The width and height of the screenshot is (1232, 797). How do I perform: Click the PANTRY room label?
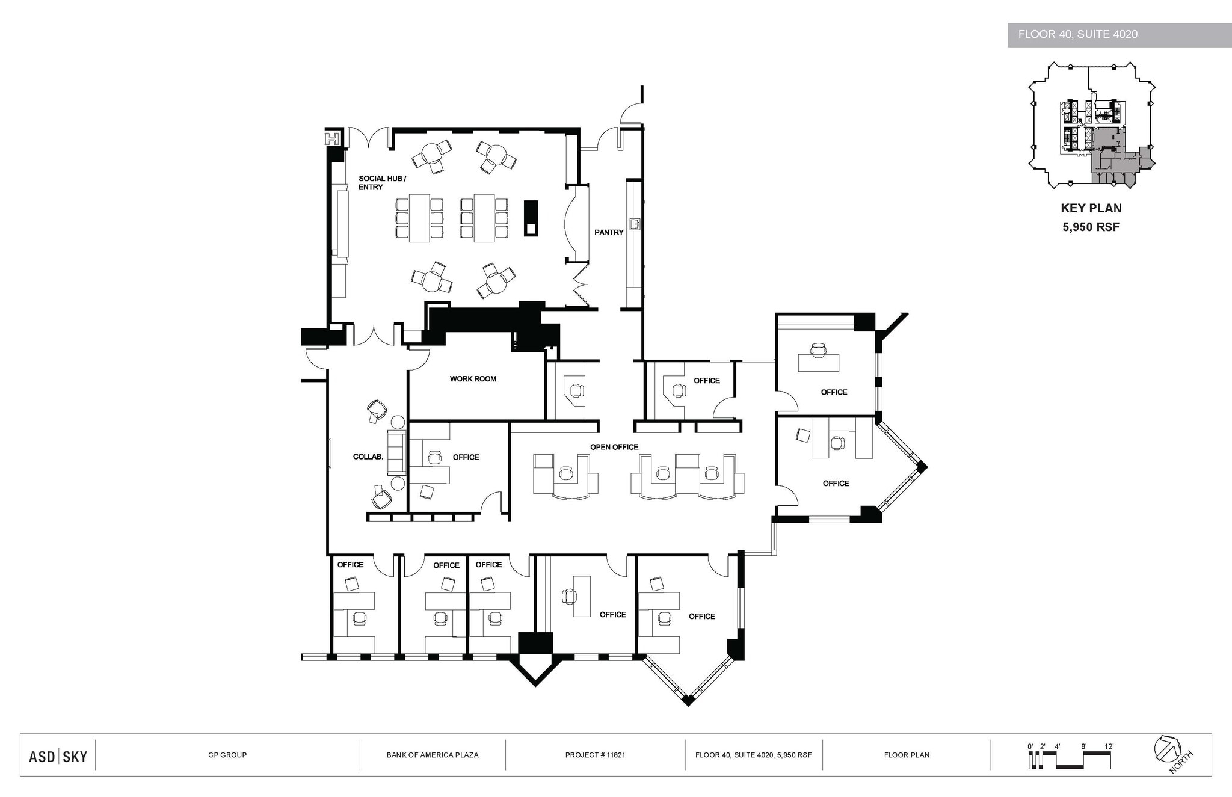[x=609, y=232]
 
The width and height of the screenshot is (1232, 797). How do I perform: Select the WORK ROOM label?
[x=473, y=379]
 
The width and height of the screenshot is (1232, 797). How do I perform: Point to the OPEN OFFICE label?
[x=614, y=447]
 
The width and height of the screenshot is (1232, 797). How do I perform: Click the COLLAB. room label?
[x=368, y=457]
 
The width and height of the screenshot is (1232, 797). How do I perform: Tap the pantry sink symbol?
[x=634, y=224]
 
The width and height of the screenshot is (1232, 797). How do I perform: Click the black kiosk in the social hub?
[x=531, y=218]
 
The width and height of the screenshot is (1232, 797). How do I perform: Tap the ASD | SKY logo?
[x=58, y=756]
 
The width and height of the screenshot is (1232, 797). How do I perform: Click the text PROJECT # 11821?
[x=595, y=755]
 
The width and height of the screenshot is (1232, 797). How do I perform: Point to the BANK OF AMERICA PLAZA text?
[x=432, y=755]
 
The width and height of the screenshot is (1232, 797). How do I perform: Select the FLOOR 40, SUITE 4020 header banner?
[x=1119, y=35]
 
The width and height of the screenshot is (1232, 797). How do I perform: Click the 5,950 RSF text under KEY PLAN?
[x=1091, y=227]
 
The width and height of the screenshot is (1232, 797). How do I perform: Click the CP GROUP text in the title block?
[x=227, y=755]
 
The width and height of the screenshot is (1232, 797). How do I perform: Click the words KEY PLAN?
[x=1091, y=208]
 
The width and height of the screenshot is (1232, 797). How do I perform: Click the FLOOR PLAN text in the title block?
[x=906, y=755]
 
